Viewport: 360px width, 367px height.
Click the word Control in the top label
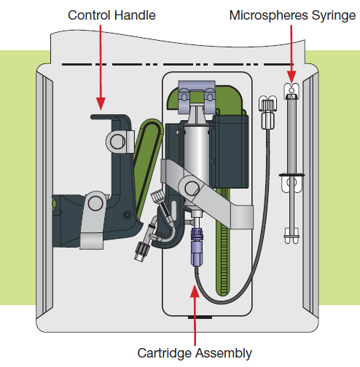tap(89, 15)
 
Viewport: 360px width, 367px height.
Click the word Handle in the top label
tap(135, 15)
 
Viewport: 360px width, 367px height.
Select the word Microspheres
tap(269, 16)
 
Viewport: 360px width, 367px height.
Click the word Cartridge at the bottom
tap(165, 353)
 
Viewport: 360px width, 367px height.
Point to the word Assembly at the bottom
tap(224, 354)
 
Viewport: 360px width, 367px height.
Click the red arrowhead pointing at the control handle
tap(101, 103)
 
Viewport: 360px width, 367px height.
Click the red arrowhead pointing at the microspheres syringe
tap(291, 76)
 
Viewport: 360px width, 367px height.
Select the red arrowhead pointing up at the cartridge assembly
tap(195, 291)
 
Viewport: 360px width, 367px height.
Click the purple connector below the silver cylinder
tap(196, 246)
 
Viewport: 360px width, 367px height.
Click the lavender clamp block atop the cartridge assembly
tap(197, 97)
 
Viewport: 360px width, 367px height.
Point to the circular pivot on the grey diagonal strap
tap(192, 188)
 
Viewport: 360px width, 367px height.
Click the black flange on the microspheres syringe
tap(291, 175)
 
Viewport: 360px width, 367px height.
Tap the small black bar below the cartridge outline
tap(200, 317)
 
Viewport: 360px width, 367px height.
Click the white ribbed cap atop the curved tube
tap(267, 104)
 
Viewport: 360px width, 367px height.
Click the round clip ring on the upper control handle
tap(117, 142)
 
